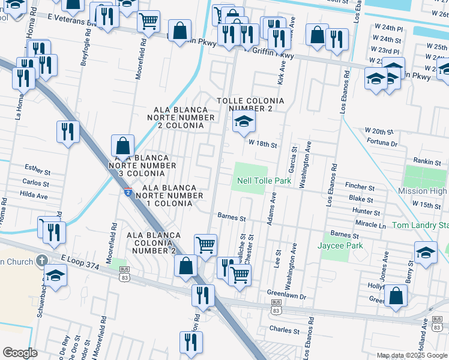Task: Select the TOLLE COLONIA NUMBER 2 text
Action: click(x=244, y=104)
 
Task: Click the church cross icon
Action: click(x=41, y=260)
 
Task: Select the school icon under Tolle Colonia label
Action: click(x=244, y=122)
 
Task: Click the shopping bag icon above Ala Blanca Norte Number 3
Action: click(x=122, y=146)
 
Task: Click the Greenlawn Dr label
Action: click(x=287, y=296)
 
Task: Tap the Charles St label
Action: click(x=285, y=331)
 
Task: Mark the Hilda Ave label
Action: click(x=34, y=196)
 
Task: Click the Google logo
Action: click(x=20, y=353)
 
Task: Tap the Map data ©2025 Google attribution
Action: click(x=412, y=355)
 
